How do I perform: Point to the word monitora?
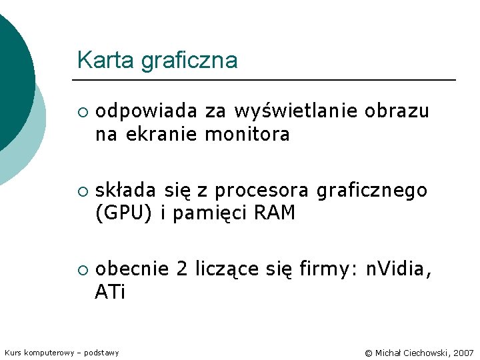tap(247, 135)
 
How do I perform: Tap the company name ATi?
tap(110, 293)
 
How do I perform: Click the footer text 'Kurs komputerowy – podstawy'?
tap(61, 352)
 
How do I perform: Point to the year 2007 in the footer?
tap(463, 352)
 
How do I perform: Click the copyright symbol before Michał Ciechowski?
tap(369, 352)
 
